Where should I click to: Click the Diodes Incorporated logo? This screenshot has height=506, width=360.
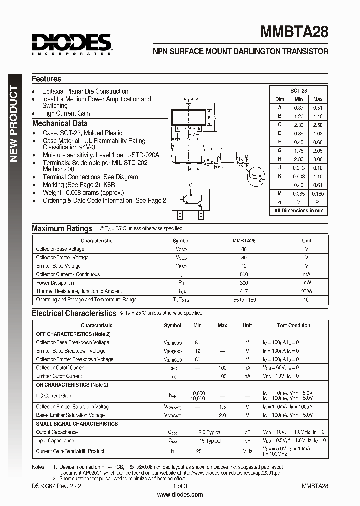coord(71,43)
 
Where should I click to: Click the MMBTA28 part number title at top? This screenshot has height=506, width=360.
coord(294,32)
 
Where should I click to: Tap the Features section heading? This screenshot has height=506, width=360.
coord(46,79)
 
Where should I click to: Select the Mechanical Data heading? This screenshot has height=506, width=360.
coord(60,123)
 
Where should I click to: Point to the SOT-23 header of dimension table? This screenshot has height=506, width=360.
coord(298,90)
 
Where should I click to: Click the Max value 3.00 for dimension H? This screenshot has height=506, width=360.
coord(318,159)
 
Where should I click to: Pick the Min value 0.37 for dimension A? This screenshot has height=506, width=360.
coord(298,107)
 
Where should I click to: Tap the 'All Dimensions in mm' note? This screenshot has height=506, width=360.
coord(298,210)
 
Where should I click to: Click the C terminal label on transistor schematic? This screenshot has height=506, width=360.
coord(190,184)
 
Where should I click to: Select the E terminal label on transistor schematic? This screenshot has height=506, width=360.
coord(201,215)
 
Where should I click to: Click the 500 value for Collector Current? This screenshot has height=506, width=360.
coord(244,274)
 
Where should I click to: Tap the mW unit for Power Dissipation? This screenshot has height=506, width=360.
coord(306,283)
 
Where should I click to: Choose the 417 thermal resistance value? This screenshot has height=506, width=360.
coord(244,291)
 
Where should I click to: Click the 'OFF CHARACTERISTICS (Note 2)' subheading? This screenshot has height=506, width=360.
coord(73,334)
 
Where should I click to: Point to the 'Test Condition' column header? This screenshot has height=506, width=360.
coord(294,325)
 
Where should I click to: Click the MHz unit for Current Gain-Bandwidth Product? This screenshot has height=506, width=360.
coord(247,451)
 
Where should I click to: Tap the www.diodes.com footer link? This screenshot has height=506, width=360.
coord(180,495)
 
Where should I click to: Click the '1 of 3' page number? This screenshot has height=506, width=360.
coord(180,486)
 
